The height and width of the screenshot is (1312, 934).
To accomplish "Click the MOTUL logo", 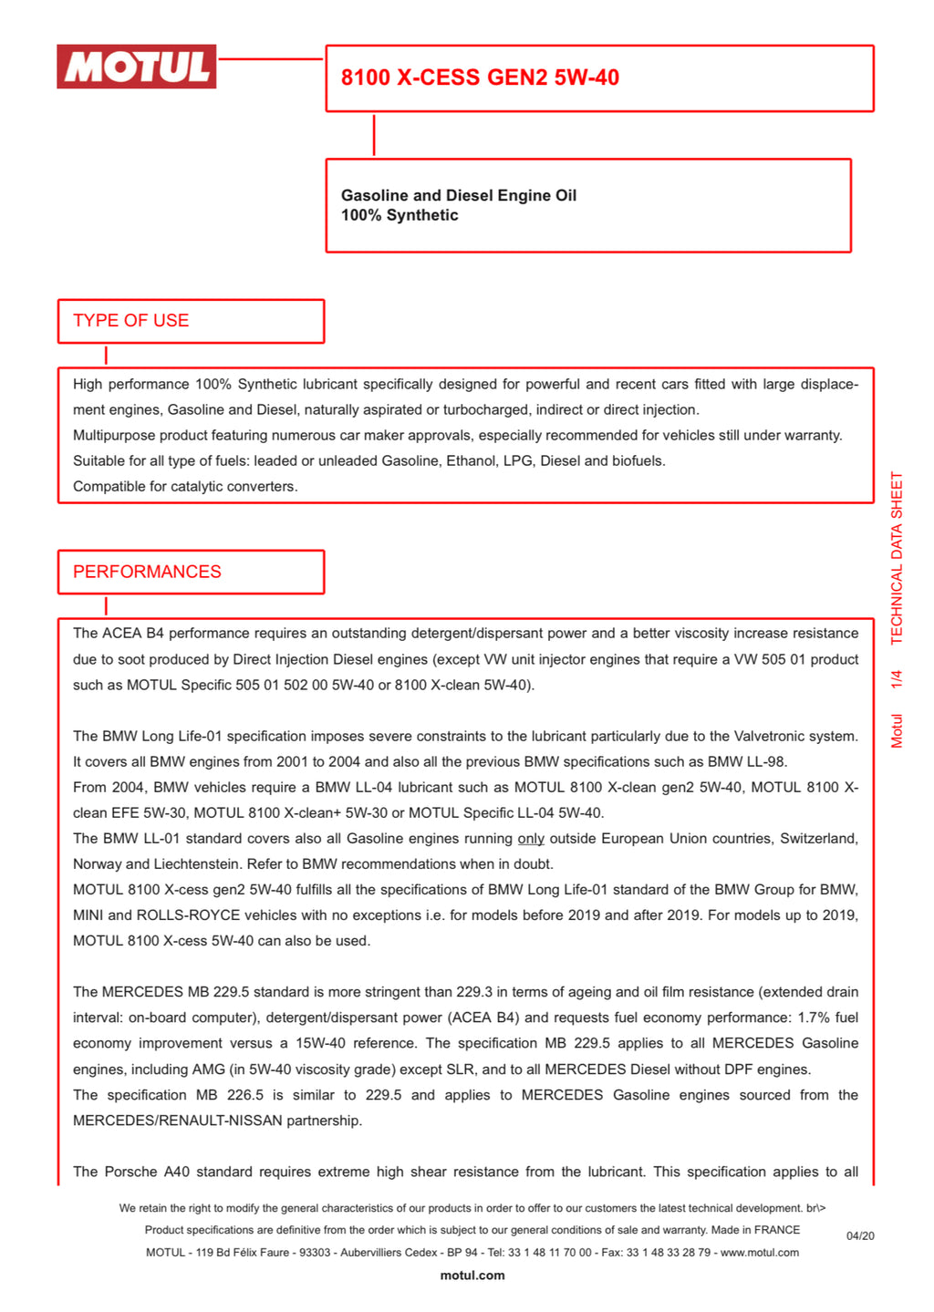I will (x=137, y=67).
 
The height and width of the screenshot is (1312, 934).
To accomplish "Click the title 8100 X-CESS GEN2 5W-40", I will (x=480, y=77).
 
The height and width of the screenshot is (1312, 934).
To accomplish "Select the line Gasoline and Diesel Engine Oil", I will (x=458, y=195).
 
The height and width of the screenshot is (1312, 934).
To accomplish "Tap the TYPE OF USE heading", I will (x=131, y=321).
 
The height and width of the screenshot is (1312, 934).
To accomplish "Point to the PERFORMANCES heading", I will (x=147, y=572).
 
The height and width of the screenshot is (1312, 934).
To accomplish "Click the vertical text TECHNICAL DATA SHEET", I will (x=897, y=558).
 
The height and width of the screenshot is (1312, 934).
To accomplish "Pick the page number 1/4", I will (x=897, y=679).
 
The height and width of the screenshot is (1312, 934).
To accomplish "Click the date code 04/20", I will (x=860, y=1236).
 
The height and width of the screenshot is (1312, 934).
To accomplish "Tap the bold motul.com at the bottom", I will (x=472, y=1276).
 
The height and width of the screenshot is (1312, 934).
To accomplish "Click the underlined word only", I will (x=531, y=839).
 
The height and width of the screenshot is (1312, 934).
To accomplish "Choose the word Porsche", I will (x=131, y=1172).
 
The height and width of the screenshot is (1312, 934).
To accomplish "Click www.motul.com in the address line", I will (x=760, y=1253).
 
